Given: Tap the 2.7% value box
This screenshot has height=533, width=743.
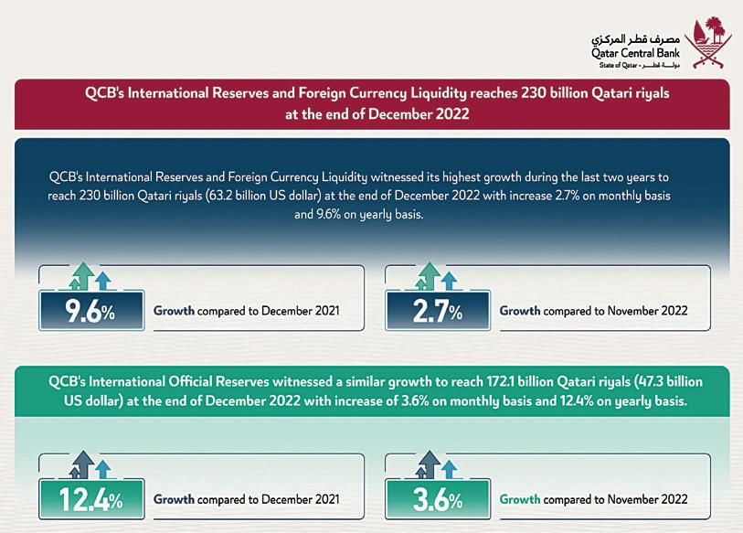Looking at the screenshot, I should pos(437,311).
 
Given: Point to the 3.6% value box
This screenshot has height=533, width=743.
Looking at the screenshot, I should pos(437,500).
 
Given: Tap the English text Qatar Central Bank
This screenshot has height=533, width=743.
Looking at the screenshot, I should pos(630,55).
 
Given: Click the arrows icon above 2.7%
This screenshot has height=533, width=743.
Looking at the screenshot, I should pos(437,276).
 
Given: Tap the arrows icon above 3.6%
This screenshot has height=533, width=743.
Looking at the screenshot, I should pos(437,464).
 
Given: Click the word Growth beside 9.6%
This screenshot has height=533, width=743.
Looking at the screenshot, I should pos(174,311).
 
